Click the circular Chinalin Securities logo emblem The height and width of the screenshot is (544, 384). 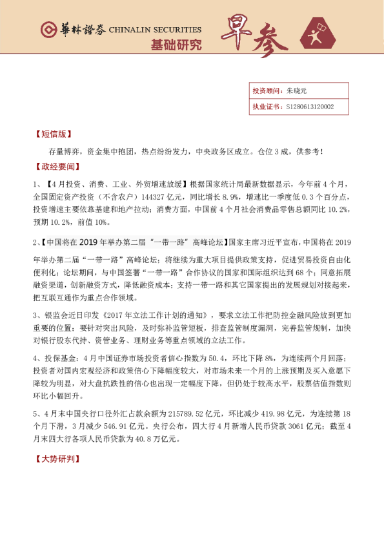[x=48, y=30]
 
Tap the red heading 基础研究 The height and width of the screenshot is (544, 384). [x=176, y=45]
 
